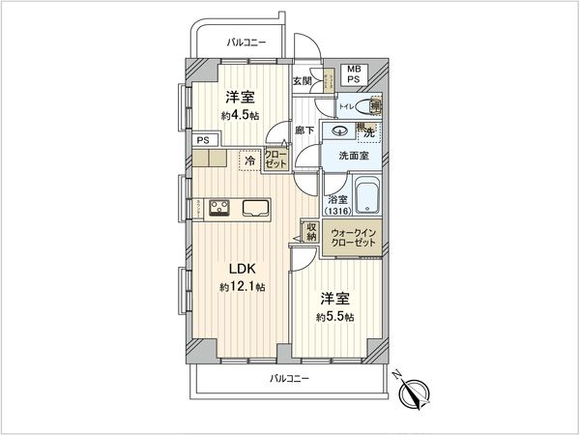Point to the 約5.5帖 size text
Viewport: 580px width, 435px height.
coord(333,317)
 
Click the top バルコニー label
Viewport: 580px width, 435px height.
coord(246,43)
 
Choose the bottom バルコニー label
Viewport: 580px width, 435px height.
coord(289,379)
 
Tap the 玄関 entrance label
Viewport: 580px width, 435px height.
coord(301,82)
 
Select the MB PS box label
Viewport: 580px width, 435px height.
coord(355,75)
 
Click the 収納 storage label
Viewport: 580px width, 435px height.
coord(311,232)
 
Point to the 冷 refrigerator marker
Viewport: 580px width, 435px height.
coord(249,160)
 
